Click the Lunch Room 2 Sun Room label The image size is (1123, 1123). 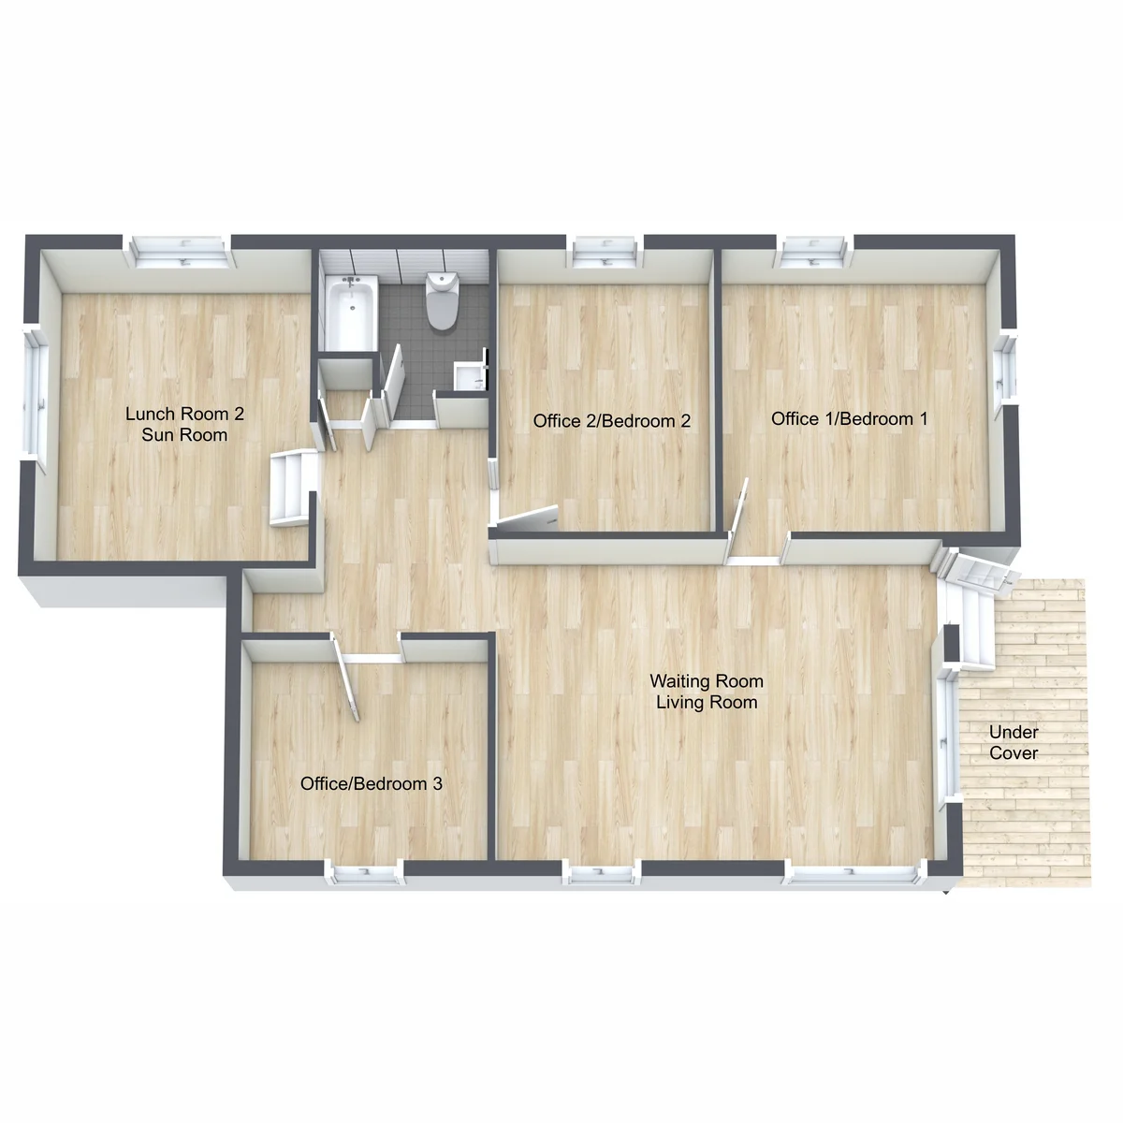click(184, 424)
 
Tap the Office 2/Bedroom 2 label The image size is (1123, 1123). click(611, 421)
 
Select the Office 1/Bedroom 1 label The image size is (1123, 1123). click(849, 418)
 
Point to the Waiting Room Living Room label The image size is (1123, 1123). click(707, 692)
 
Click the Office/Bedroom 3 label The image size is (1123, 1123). click(372, 784)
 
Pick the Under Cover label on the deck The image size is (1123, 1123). click(1014, 742)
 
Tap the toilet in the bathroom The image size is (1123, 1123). click(441, 301)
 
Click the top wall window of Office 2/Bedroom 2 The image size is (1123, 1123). click(605, 251)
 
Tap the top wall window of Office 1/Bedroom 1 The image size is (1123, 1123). click(814, 251)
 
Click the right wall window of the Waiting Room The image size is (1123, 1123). click(947, 737)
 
